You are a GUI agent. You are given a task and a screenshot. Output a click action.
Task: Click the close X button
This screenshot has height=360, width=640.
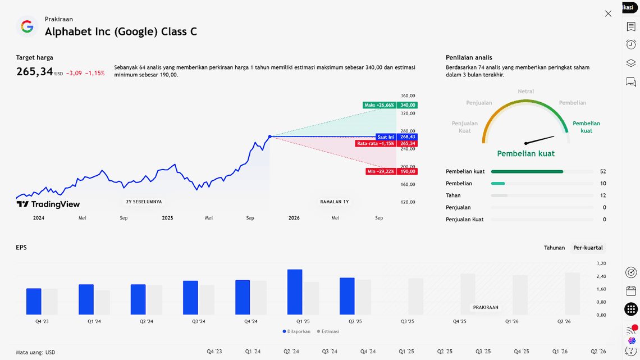pyautogui.click(x=608, y=13)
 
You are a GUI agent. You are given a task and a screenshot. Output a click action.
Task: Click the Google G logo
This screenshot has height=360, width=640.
pyautogui.click(x=27, y=26)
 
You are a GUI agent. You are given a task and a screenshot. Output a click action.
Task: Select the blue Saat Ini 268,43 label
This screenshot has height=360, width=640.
pyautogui.click(x=396, y=137)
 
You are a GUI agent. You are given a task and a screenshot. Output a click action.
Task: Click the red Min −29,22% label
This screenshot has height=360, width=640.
pyautogui.click(x=391, y=171)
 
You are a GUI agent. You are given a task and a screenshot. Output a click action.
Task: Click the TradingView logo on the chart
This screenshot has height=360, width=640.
pyautogui.click(x=48, y=204)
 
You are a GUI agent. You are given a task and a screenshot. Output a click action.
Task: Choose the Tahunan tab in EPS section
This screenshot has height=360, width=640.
pyautogui.click(x=554, y=248)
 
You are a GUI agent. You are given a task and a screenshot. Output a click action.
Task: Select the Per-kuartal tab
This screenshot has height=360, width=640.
pyautogui.click(x=588, y=248)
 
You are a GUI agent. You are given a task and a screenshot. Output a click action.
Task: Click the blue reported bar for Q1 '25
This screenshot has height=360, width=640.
pyautogui.click(x=295, y=292)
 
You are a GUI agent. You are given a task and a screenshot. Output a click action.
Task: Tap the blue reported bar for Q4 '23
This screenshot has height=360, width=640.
pyautogui.click(x=34, y=302)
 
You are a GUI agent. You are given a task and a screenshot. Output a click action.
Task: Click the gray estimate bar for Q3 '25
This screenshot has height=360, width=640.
pyautogui.click(x=415, y=297)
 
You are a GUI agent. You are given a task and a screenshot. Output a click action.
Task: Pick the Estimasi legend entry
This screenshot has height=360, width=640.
pyautogui.click(x=328, y=331)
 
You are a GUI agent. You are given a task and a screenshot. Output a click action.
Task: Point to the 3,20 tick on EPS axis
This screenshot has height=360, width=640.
pyautogui.click(x=601, y=263)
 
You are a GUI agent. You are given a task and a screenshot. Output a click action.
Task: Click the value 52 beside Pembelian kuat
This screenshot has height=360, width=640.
pyautogui.click(x=603, y=171)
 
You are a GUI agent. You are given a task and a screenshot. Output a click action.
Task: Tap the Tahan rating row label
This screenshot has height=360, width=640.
pyautogui.click(x=453, y=195)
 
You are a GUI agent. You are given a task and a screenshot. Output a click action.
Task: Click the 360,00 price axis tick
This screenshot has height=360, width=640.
pyautogui.click(x=408, y=96)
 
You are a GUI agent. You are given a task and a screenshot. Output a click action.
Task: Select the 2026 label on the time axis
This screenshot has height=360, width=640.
pyautogui.click(x=294, y=218)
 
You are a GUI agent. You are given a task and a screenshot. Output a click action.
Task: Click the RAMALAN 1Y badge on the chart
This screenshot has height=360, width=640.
pyautogui.click(x=334, y=202)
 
